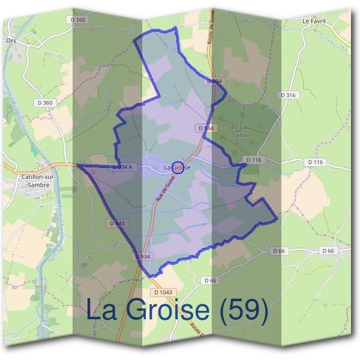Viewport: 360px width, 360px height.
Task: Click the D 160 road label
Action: tap(79, 20)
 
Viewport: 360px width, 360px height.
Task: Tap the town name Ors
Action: tap(10, 41)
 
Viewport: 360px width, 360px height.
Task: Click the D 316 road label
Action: tap(289, 95)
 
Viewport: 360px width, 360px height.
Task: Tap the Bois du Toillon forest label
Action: tap(240, 131)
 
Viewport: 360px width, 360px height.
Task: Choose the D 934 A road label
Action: tap(122, 167)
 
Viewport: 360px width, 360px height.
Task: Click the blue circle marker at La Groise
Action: tap(178, 167)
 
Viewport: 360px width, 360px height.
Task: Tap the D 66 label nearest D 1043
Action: tap(209, 280)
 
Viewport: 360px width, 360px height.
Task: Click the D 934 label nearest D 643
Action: tap(142, 256)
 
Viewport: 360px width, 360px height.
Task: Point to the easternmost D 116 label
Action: tap(315, 163)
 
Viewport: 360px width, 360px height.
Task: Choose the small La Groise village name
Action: tap(178, 167)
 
